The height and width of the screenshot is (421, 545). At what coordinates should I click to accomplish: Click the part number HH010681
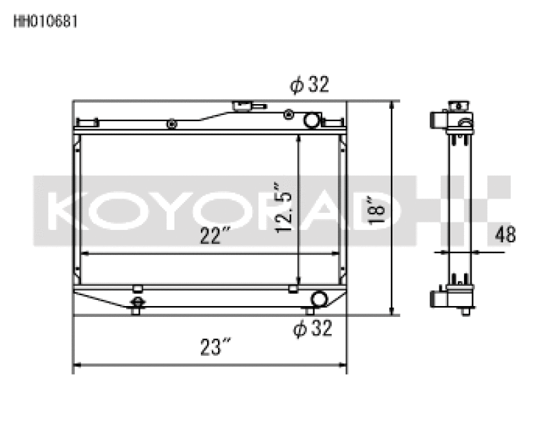[46, 21]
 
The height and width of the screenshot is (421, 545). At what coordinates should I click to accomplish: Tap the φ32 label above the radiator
[309, 85]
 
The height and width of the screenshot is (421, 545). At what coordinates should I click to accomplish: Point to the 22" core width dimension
[213, 237]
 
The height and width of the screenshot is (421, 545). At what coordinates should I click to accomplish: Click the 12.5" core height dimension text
[285, 208]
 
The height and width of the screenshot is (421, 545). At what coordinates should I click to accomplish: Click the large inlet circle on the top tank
[311, 121]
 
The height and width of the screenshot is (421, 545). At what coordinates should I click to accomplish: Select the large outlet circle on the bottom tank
[318, 299]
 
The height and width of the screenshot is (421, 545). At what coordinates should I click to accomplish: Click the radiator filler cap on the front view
[241, 107]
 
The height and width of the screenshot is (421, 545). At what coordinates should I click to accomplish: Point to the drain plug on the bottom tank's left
[137, 303]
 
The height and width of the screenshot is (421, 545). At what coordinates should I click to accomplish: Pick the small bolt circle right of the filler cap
[289, 114]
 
